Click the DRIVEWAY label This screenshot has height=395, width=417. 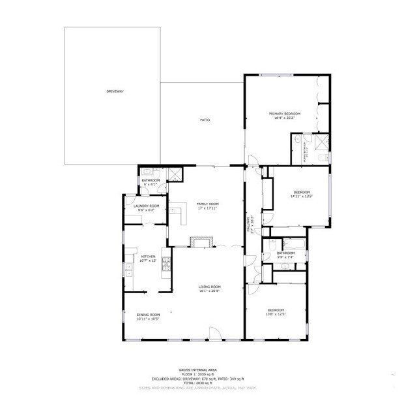tap(115, 91)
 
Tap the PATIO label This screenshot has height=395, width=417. tap(205, 120)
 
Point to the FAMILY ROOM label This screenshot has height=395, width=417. tap(208, 204)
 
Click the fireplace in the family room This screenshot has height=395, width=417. tap(202, 243)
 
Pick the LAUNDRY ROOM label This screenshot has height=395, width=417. tap(147, 206)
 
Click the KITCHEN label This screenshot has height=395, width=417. tap(149, 257)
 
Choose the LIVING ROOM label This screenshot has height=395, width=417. tap(210, 287)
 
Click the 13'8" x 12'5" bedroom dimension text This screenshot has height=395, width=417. tap(275, 314)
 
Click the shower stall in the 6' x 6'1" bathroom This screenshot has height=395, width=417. tap(175, 173)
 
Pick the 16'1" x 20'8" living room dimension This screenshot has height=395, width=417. tap(210, 291)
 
